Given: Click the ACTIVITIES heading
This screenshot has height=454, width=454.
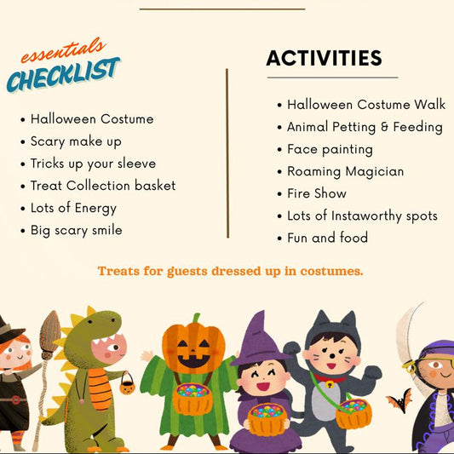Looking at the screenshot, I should coord(324,58).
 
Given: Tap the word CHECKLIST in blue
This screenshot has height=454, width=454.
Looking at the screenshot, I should coord(63,76).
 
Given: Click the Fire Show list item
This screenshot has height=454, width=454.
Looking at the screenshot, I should coord(317,193).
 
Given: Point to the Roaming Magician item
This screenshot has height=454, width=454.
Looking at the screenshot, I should coord(345,171).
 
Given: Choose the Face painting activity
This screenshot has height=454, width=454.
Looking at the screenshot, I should coord(330,149).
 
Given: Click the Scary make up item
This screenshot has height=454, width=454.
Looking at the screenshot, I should coord(76,141).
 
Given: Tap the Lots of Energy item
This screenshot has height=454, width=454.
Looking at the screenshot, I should coord(73,208).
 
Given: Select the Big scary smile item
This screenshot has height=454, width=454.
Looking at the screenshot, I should coord(76,230).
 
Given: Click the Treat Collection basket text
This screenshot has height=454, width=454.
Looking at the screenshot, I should coord(103,186).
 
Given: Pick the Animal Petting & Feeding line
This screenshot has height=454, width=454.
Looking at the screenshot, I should coord(365,127).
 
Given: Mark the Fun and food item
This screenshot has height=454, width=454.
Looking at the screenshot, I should coord(327,238).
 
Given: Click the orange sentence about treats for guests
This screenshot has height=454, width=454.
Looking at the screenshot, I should coord(230,271).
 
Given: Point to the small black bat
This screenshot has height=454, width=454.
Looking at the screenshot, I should coord(399,399).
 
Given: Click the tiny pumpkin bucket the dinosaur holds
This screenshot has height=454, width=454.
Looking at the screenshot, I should coord(126,385).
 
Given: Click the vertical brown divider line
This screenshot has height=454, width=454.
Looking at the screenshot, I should coord(227,153).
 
